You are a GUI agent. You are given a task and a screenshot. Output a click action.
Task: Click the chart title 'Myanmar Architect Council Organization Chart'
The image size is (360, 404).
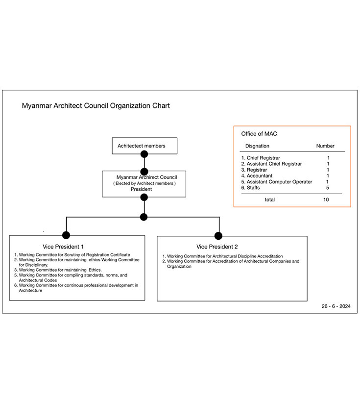[x=96, y=105]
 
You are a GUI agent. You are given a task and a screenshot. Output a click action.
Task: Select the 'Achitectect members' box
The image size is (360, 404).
[x=144, y=146]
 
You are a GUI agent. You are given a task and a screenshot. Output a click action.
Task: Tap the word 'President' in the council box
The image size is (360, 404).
[x=141, y=189]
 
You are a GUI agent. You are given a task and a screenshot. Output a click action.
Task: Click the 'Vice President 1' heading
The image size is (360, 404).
[x=63, y=247]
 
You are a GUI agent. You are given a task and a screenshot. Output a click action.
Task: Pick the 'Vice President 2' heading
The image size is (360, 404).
[x=217, y=247]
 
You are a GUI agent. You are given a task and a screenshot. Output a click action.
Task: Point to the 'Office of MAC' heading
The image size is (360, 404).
[x=259, y=134]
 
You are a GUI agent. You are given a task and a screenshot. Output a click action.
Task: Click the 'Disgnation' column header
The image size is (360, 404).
[x=257, y=146]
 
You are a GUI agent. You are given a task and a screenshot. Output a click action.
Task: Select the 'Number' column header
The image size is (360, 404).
[x=325, y=146]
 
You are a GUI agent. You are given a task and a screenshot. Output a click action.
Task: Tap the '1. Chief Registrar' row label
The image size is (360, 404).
[x=261, y=158]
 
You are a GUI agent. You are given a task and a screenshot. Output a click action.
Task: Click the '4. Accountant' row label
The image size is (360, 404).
[x=257, y=176]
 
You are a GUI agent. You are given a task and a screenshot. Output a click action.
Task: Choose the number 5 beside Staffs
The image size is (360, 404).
[x=328, y=188]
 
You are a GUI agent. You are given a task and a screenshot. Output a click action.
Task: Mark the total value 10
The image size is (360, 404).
[x=326, y=200]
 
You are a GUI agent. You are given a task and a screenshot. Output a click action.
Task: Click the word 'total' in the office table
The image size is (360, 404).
[x=270, y=200]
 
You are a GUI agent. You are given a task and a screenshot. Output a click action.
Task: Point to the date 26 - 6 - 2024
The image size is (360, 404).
[x=336, y=306]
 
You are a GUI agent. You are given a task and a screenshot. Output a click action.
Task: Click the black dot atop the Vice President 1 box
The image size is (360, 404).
[x=66, y=235]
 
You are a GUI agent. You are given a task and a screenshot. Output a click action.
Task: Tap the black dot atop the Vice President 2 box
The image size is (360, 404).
[x=218, y=236]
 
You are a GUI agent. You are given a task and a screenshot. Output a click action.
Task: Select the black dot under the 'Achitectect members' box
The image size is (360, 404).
[x=144, y=154]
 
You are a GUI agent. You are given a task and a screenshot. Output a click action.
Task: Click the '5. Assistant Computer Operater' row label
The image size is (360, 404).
[x=277, y=181]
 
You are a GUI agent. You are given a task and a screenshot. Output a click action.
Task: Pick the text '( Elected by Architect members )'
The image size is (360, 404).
[x=144, y=183]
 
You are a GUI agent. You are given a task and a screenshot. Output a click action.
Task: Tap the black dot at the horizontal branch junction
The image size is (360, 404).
[x=144, y=217]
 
